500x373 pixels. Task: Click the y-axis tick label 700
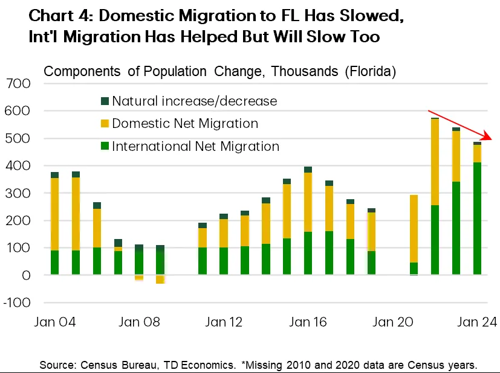pos(18,84)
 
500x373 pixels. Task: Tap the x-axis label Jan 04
pos(54,322)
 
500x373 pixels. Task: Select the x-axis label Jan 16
pos(308,322)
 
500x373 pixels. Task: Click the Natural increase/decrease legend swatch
pos(104,101)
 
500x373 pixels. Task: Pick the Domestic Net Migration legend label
pos(185,124)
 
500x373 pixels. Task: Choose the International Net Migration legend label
pos(195,146)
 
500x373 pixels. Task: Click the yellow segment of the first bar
pos(55,214)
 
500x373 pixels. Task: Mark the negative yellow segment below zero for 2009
pos(160,279)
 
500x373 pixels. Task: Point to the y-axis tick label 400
pos(18,166)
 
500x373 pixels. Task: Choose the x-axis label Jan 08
pos(138,322)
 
